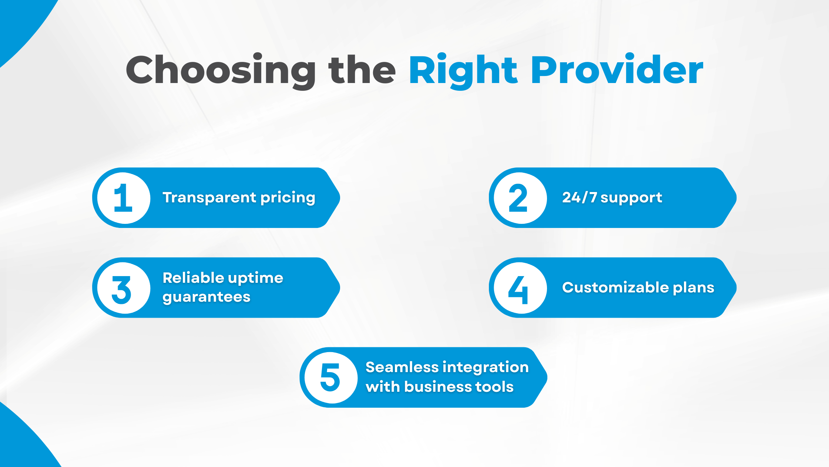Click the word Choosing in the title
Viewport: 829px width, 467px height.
(221, 70)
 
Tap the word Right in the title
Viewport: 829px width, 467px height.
(463, 70)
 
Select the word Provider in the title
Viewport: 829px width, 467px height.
(617, 70)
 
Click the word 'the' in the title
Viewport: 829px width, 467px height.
(362, 70)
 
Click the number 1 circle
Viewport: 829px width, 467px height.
(124, 198)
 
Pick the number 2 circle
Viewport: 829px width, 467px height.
(520, 198)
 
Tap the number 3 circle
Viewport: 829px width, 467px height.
(124, 288)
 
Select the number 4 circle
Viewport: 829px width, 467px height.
(520, 288)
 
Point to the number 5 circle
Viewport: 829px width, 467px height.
(331, 377)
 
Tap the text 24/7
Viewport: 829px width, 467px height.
(579, 198)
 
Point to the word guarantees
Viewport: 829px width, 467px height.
(207, 297)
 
